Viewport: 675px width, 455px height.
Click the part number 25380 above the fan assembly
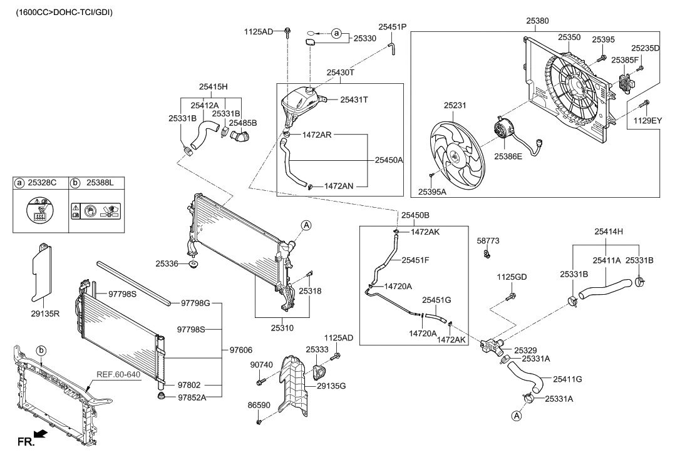pos(538,21)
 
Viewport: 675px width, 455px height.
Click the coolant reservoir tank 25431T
pos(301,101)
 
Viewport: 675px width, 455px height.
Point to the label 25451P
pos(392,26)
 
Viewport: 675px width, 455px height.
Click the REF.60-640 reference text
pos(118,376)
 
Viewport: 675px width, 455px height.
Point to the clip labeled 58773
pos(486,253)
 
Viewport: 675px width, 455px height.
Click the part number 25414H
pos(607,232)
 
